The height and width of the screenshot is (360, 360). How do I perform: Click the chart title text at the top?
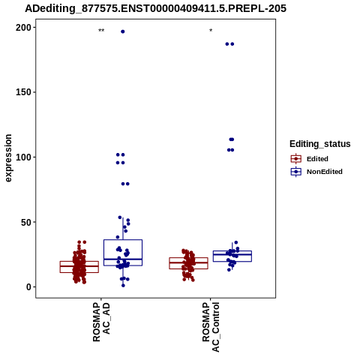155,8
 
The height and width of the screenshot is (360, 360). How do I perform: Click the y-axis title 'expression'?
8,158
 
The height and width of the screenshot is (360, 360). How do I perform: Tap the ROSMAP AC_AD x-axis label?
101,322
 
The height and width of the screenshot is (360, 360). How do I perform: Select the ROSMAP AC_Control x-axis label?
211,327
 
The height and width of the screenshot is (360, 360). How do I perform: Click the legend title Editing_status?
320,144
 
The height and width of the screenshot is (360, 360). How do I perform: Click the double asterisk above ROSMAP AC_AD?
101,31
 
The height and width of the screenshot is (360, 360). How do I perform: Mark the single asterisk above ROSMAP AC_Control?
211,31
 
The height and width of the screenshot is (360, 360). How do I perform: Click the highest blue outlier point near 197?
123,31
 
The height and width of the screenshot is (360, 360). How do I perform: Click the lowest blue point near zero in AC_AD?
123,286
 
